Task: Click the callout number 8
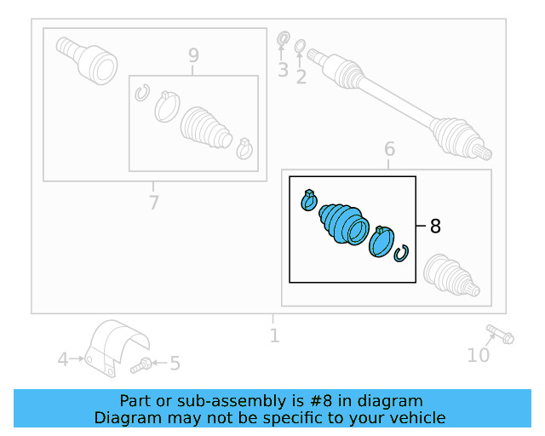435,226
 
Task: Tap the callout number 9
193,55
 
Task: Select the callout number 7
153,202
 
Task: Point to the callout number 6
390,149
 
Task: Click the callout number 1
274,336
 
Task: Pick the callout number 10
479,355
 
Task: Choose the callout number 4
63,359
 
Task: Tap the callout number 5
175,364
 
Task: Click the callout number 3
283,70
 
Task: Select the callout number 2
301,77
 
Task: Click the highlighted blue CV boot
344,225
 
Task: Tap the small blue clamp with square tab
309,200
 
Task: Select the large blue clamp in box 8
381,242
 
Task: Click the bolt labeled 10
500,334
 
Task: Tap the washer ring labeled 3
284,38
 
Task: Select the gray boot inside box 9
206,128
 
